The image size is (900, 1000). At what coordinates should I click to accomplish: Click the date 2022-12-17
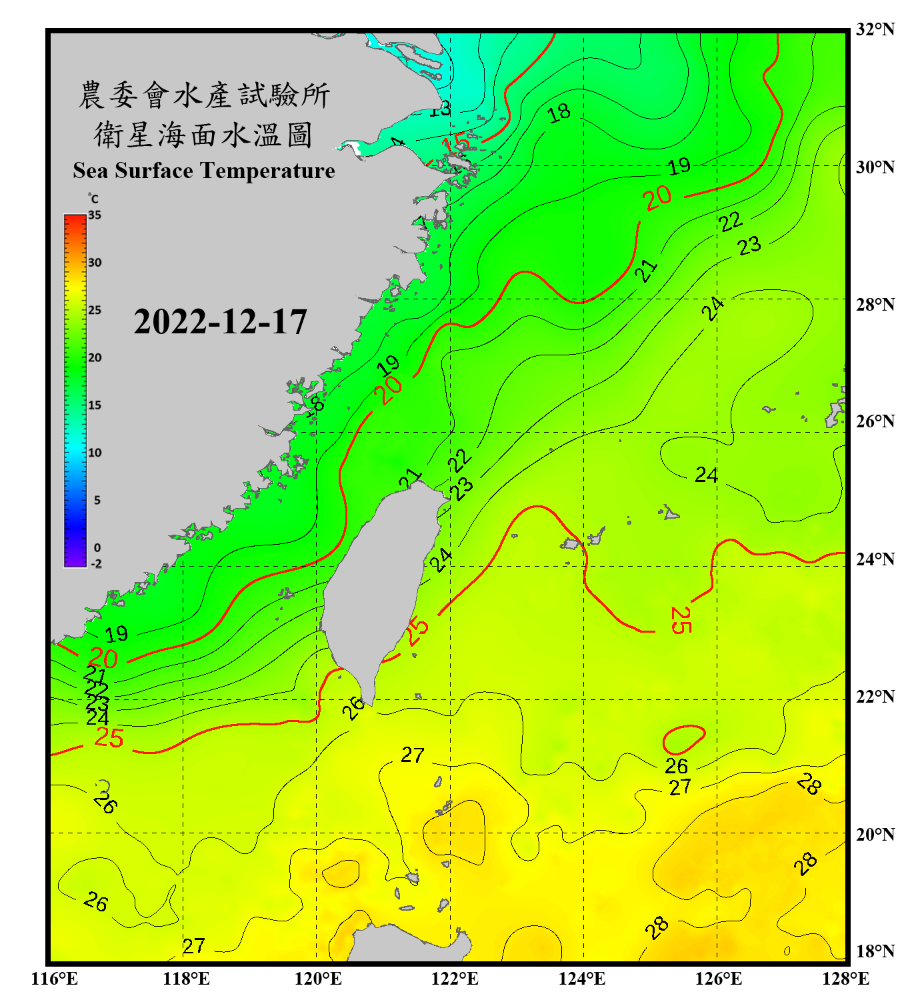tap(220, 322)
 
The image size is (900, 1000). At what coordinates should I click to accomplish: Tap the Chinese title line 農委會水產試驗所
tap(204, 95)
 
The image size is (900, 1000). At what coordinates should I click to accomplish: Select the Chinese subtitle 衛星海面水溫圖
tap(204, 135)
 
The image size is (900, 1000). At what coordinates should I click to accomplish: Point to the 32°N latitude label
tap(875, 29)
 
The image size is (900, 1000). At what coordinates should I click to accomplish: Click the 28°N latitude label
tap(875, 305)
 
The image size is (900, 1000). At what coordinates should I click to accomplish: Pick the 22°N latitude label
tap(875, 697)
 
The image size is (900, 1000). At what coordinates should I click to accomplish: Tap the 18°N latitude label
tap(875, 951)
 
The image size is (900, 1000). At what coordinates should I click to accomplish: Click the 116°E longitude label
tap(55, 979)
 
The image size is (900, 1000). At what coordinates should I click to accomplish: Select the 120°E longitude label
tap(318, 979)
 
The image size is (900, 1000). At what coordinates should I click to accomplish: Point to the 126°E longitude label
tap(718, 979)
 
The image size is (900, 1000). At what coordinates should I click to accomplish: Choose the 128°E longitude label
tap(845, 979)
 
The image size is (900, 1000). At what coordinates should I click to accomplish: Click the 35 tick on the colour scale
tap(95, 215)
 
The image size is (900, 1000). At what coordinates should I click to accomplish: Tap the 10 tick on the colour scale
tap(95, 453)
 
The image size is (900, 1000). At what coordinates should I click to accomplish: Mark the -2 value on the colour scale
tap(96, 564)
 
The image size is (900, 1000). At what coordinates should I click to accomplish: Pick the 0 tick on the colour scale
tap(97, 548)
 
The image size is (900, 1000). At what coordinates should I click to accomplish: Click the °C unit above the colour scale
tap(93, 199)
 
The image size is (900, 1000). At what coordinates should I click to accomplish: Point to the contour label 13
tap(440, 109)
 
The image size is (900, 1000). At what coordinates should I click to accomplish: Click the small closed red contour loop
tap(683, 740)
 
